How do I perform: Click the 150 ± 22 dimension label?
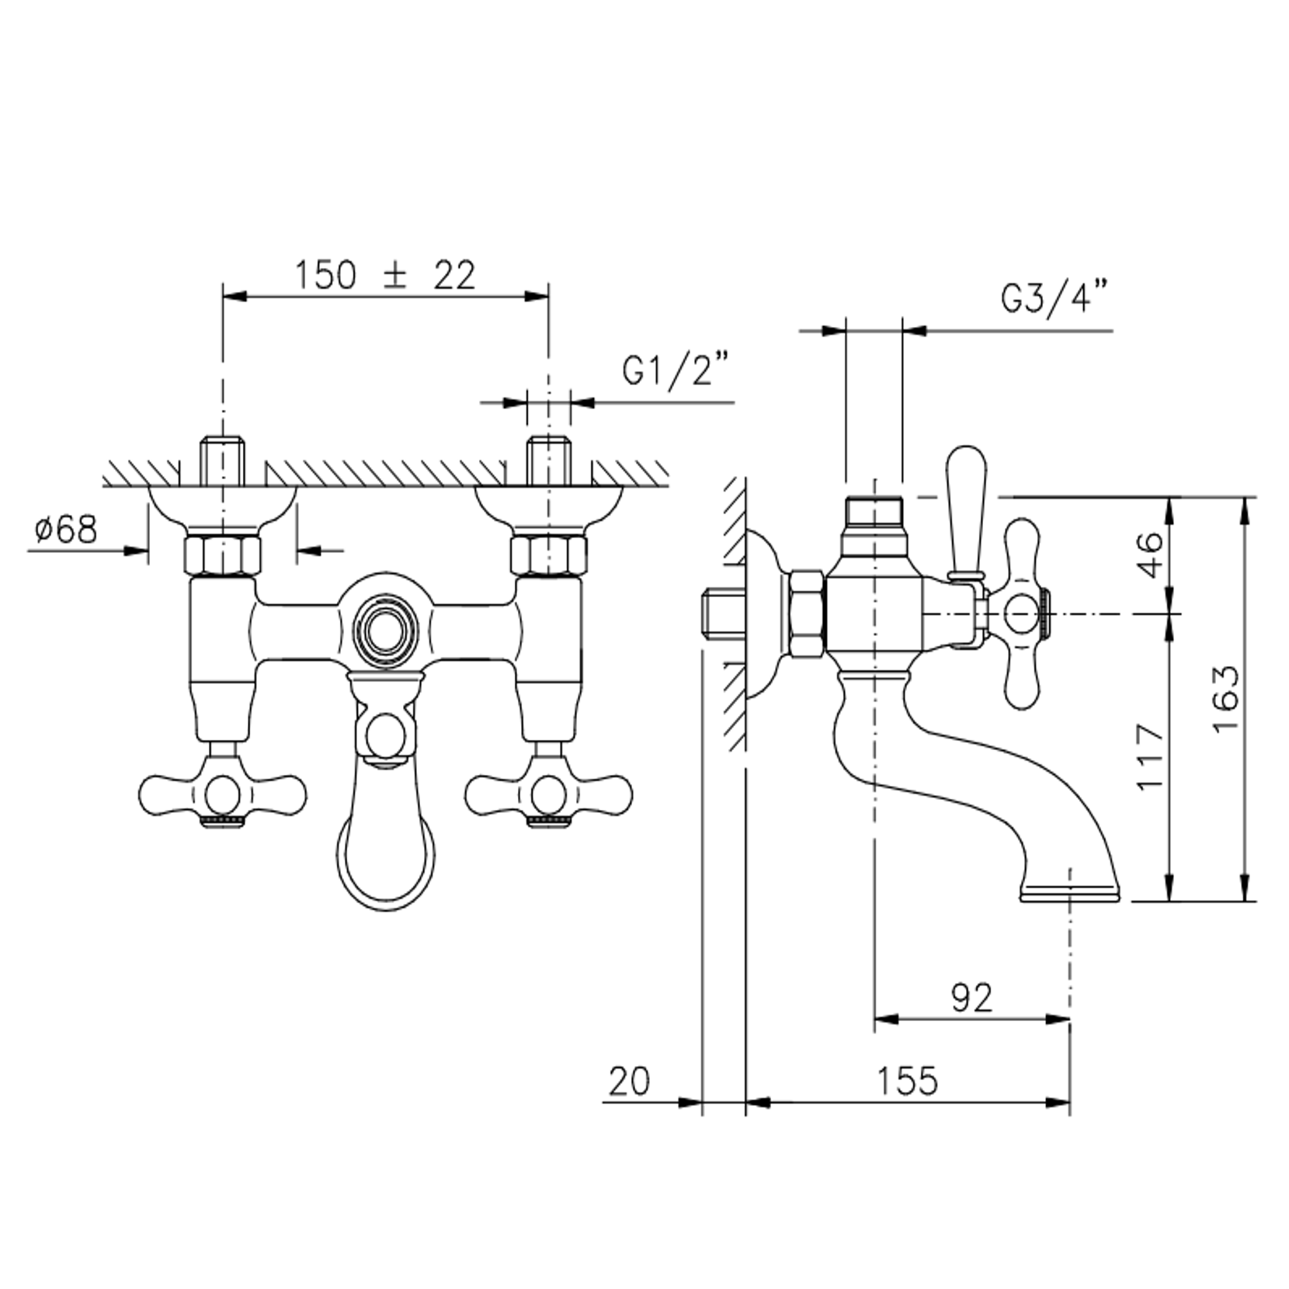coord(384,275)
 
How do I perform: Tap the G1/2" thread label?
coord(676,370)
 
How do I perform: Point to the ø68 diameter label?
coord(67,530)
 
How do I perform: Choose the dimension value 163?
coord(1226,698)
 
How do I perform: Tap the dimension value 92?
coord(972,998)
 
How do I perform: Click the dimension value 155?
coord(908,1081)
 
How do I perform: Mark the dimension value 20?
coord(629,1081)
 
